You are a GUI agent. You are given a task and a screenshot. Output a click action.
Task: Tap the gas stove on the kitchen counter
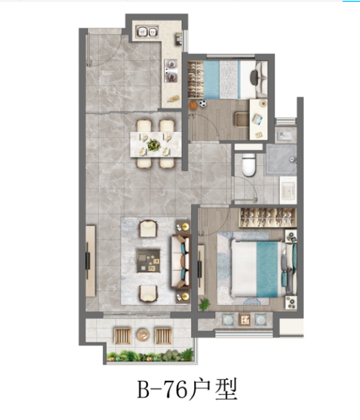tap(171, 70)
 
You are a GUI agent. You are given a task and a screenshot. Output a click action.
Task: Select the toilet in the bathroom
tap(249, 165)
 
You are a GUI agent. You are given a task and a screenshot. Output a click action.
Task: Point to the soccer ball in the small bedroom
tap(203, 103)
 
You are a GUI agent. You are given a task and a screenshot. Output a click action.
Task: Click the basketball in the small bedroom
tap(193, 105)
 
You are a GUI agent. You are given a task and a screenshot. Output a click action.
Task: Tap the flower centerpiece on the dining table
tap(154, 145)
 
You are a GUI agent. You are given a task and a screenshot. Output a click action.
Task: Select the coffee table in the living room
tap(149, 261)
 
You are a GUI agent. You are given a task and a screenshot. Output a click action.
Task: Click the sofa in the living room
tap(180, 261)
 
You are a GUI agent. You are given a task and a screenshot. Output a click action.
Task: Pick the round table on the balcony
tap(143, 334)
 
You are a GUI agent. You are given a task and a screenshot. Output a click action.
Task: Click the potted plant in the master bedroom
tap(204, 304)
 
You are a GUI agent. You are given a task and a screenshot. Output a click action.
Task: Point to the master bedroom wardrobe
tap(268, 218)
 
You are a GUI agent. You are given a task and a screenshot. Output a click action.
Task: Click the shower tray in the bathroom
tap(281, 160)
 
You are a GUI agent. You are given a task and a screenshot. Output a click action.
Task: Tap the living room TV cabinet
tap(90, 261)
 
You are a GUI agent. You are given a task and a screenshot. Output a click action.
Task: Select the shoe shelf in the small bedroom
tap(196, 80)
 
